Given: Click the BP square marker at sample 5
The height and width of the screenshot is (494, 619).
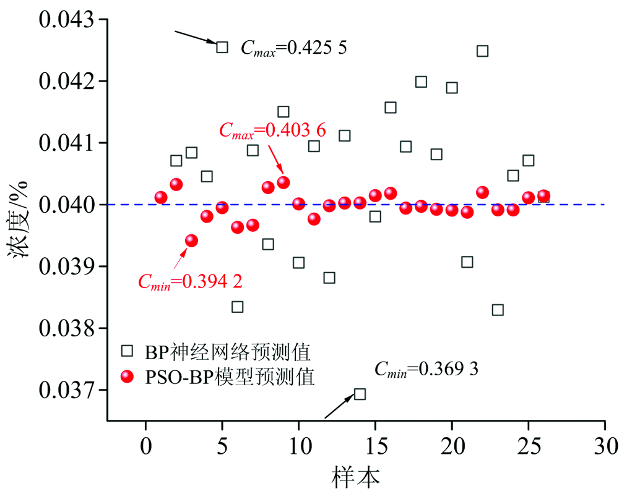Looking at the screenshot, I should (222, 46).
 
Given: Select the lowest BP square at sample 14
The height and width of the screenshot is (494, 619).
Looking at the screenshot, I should (360, 394).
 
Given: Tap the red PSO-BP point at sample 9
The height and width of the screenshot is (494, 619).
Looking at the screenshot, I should (283, 182).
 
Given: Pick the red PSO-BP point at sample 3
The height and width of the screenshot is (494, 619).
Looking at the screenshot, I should (191, 241).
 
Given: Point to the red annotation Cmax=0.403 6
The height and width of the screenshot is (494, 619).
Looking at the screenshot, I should (272, 130).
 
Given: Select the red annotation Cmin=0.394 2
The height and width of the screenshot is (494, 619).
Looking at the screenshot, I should (189, 282).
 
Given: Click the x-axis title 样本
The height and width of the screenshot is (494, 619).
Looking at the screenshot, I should (355, 475).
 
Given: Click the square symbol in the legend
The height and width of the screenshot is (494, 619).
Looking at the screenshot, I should (127, 351).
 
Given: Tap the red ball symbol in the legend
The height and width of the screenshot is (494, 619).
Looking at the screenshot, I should (127, 376).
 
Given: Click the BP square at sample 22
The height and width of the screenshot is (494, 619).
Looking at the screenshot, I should (482, 51).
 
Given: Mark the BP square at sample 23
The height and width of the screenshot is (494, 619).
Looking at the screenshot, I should (498, 310).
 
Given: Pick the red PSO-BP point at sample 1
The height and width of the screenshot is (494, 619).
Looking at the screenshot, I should (161, 198).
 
